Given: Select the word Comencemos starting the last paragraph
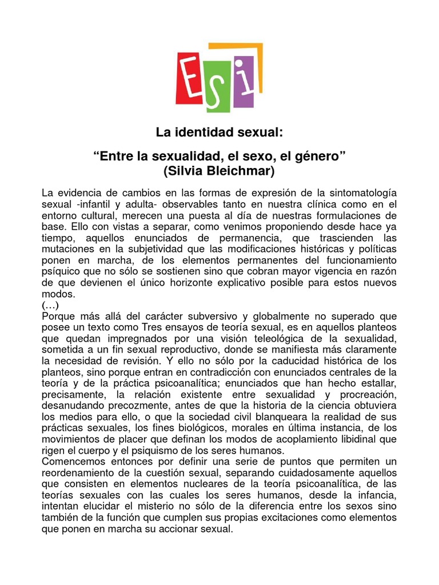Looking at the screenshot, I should pyautogui.click(x=71, y=460).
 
